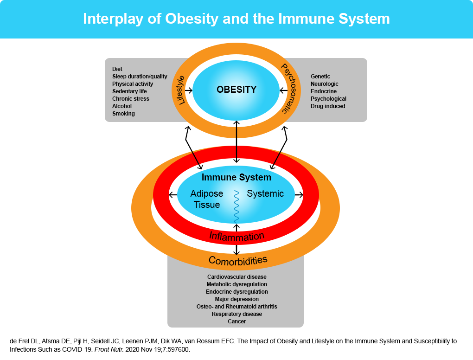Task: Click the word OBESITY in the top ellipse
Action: click(x=236, y=90)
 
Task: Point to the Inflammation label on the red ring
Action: click(x=236, y=236)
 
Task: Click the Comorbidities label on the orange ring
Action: click(x=238, y=260)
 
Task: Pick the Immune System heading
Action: click(x=236, y=177)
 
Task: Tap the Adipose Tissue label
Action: click(x=207, y=199)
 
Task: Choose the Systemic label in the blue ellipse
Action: click(x=265, y=193)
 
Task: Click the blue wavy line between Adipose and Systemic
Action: click(x=236, y=206)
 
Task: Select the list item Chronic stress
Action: click(x=131, y=99)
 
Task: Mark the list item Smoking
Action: click(x=123, y=114)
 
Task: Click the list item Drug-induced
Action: click(x=328, y=106)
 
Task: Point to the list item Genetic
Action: click(x=320, y=77)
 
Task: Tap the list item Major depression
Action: click(x=237, y=299)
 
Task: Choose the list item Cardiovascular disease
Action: click(x=237, y=277)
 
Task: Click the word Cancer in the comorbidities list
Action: click(x=237, y=321)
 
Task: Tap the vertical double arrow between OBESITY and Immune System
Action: click(x=237, y=141)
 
